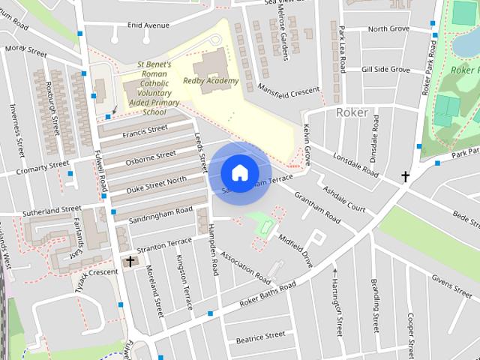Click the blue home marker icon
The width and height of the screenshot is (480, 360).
click(238, 172)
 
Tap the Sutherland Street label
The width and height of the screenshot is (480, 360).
click(51, 209)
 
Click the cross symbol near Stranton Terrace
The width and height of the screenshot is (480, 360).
click(131, 261)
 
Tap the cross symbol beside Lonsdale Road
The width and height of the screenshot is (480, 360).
click(406, 177)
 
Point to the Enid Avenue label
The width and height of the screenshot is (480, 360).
click(148, 25)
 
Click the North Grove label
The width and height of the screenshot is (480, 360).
click(388, 29)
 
